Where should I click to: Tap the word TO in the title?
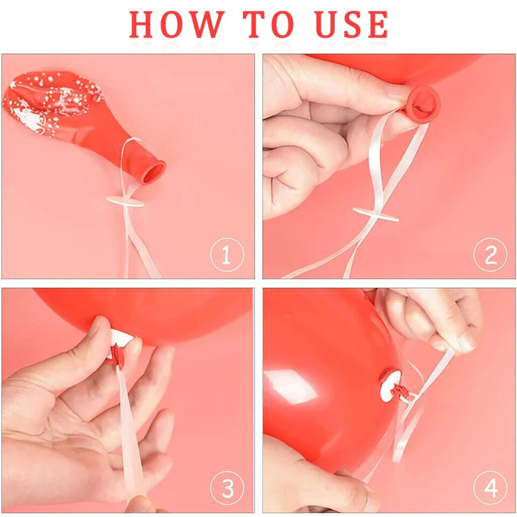coord(268,24)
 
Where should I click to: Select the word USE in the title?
coord(352,24)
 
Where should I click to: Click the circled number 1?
coord(227,255)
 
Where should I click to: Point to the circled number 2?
coord(490,255)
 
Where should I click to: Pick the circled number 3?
coord(227,488)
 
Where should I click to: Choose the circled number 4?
coord(490,488)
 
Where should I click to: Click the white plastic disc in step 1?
coord(125,201)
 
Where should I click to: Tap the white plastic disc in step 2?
coord(375,214)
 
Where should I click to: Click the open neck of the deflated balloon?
coord(153,172)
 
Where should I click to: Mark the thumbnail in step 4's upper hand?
coord(466,341)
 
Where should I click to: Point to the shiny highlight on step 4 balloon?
coord(290,386)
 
